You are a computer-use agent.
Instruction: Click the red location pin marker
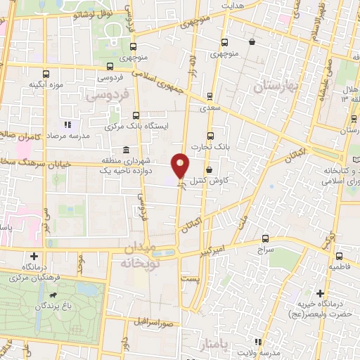pyautogui.click(x=181, y=165)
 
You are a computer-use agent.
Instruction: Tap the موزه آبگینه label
pyautogui.click(x=47, y=85)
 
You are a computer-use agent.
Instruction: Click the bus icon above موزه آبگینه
pyautogui.click(x=46, y=74)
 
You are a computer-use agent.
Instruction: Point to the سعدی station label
pyautogui.click(x=210, y=108)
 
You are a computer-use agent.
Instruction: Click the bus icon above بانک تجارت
pyautogui.click(x=210, y=136)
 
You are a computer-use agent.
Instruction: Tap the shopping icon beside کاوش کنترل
pyautogui.click(x=210, y=169)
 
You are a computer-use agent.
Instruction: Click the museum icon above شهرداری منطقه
pyautogui.click(x=125, y=150)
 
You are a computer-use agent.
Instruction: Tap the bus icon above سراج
pyautogui.click(x=265, y=238)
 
